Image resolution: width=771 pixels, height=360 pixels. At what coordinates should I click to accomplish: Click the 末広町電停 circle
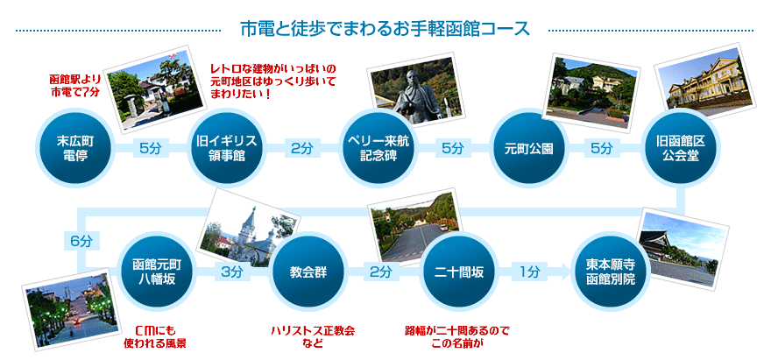click(x=74, y=147)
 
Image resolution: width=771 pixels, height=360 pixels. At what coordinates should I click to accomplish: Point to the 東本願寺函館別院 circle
click(x=610, y=272)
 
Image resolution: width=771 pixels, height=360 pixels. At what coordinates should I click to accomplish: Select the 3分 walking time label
click(x=231, y=272)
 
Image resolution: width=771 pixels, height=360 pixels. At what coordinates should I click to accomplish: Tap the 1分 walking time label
click(x=529, y=272)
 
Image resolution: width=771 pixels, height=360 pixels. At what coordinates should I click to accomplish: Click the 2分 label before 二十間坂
click(x=379, y=272)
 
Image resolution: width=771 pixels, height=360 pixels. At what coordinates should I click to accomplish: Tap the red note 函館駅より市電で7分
click(x=75, y=85)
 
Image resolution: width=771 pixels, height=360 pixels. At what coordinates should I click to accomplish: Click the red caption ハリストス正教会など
click(x=312, y=336)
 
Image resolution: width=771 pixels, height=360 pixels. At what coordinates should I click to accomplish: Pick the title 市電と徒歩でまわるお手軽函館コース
click(x=385, y=28)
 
